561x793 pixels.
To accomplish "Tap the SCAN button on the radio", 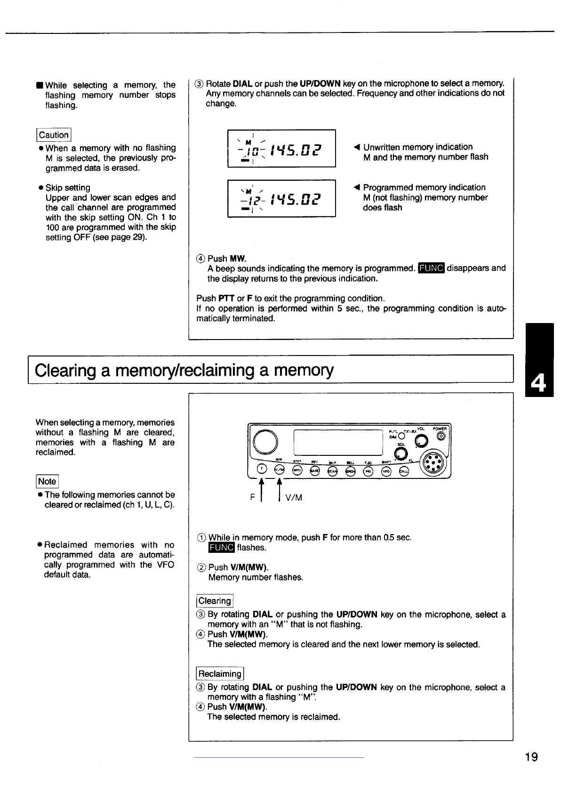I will (x=332, y=471).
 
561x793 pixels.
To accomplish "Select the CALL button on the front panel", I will (x=404, y=471).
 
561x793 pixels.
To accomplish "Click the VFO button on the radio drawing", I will (x=386, y=471).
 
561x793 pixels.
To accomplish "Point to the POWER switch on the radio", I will (x=441, y=437).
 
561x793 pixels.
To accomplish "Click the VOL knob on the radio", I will (x=421, y=440).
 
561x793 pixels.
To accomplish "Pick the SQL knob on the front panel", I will (x=401, y=453).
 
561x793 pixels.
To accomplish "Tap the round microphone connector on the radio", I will (x=433, y=464).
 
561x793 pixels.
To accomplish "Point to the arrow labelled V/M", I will (x=280, y=490).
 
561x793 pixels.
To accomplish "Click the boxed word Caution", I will (x=54, y=135).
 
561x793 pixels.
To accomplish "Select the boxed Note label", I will (x=47, y=481).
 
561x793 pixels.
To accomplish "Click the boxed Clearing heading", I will (x=215, y=601).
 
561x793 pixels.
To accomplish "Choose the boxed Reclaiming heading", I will (x=220, y=674).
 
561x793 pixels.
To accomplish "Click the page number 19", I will (x=531, y=757).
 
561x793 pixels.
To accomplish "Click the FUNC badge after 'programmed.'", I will (x=431, y=268).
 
